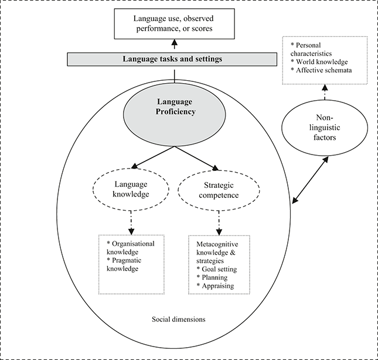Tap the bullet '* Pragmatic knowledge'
coord(124,264)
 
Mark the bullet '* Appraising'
coord(215,286)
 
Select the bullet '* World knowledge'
coord(323,61)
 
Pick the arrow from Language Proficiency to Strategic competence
coord(196,157)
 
